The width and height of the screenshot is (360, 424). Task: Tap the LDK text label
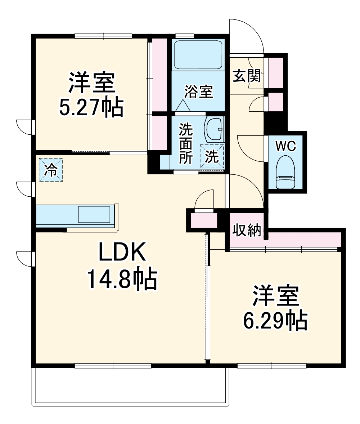tap(122, 252)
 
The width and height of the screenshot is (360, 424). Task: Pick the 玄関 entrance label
tap(246, 76)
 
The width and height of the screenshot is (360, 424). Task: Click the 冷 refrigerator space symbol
tap(51, 170)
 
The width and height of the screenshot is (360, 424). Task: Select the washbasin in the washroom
tap(214, 129)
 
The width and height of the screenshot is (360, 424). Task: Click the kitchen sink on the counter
tap(94, 214)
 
